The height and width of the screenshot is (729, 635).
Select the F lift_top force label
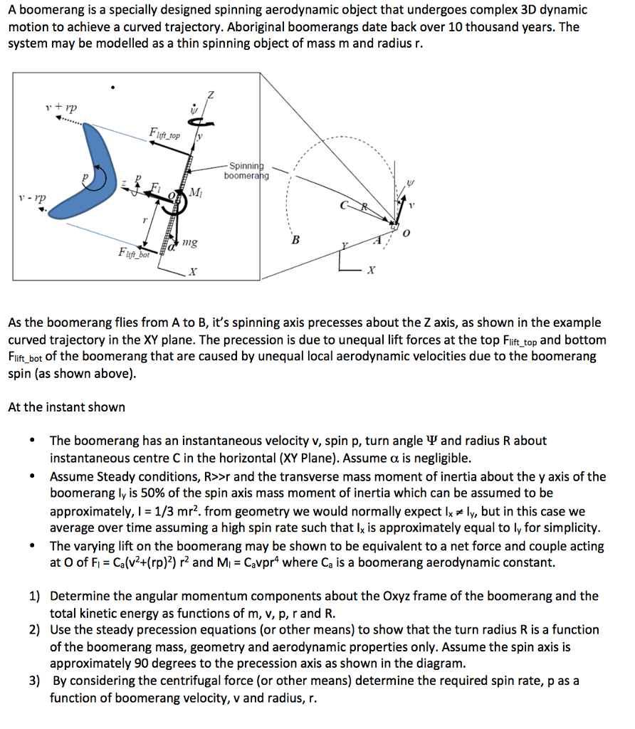165,133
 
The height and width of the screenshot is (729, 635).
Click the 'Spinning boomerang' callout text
246,171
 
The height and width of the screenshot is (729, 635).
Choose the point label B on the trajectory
296,239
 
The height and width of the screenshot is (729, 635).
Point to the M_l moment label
197,194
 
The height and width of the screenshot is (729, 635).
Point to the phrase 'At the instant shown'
66,407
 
